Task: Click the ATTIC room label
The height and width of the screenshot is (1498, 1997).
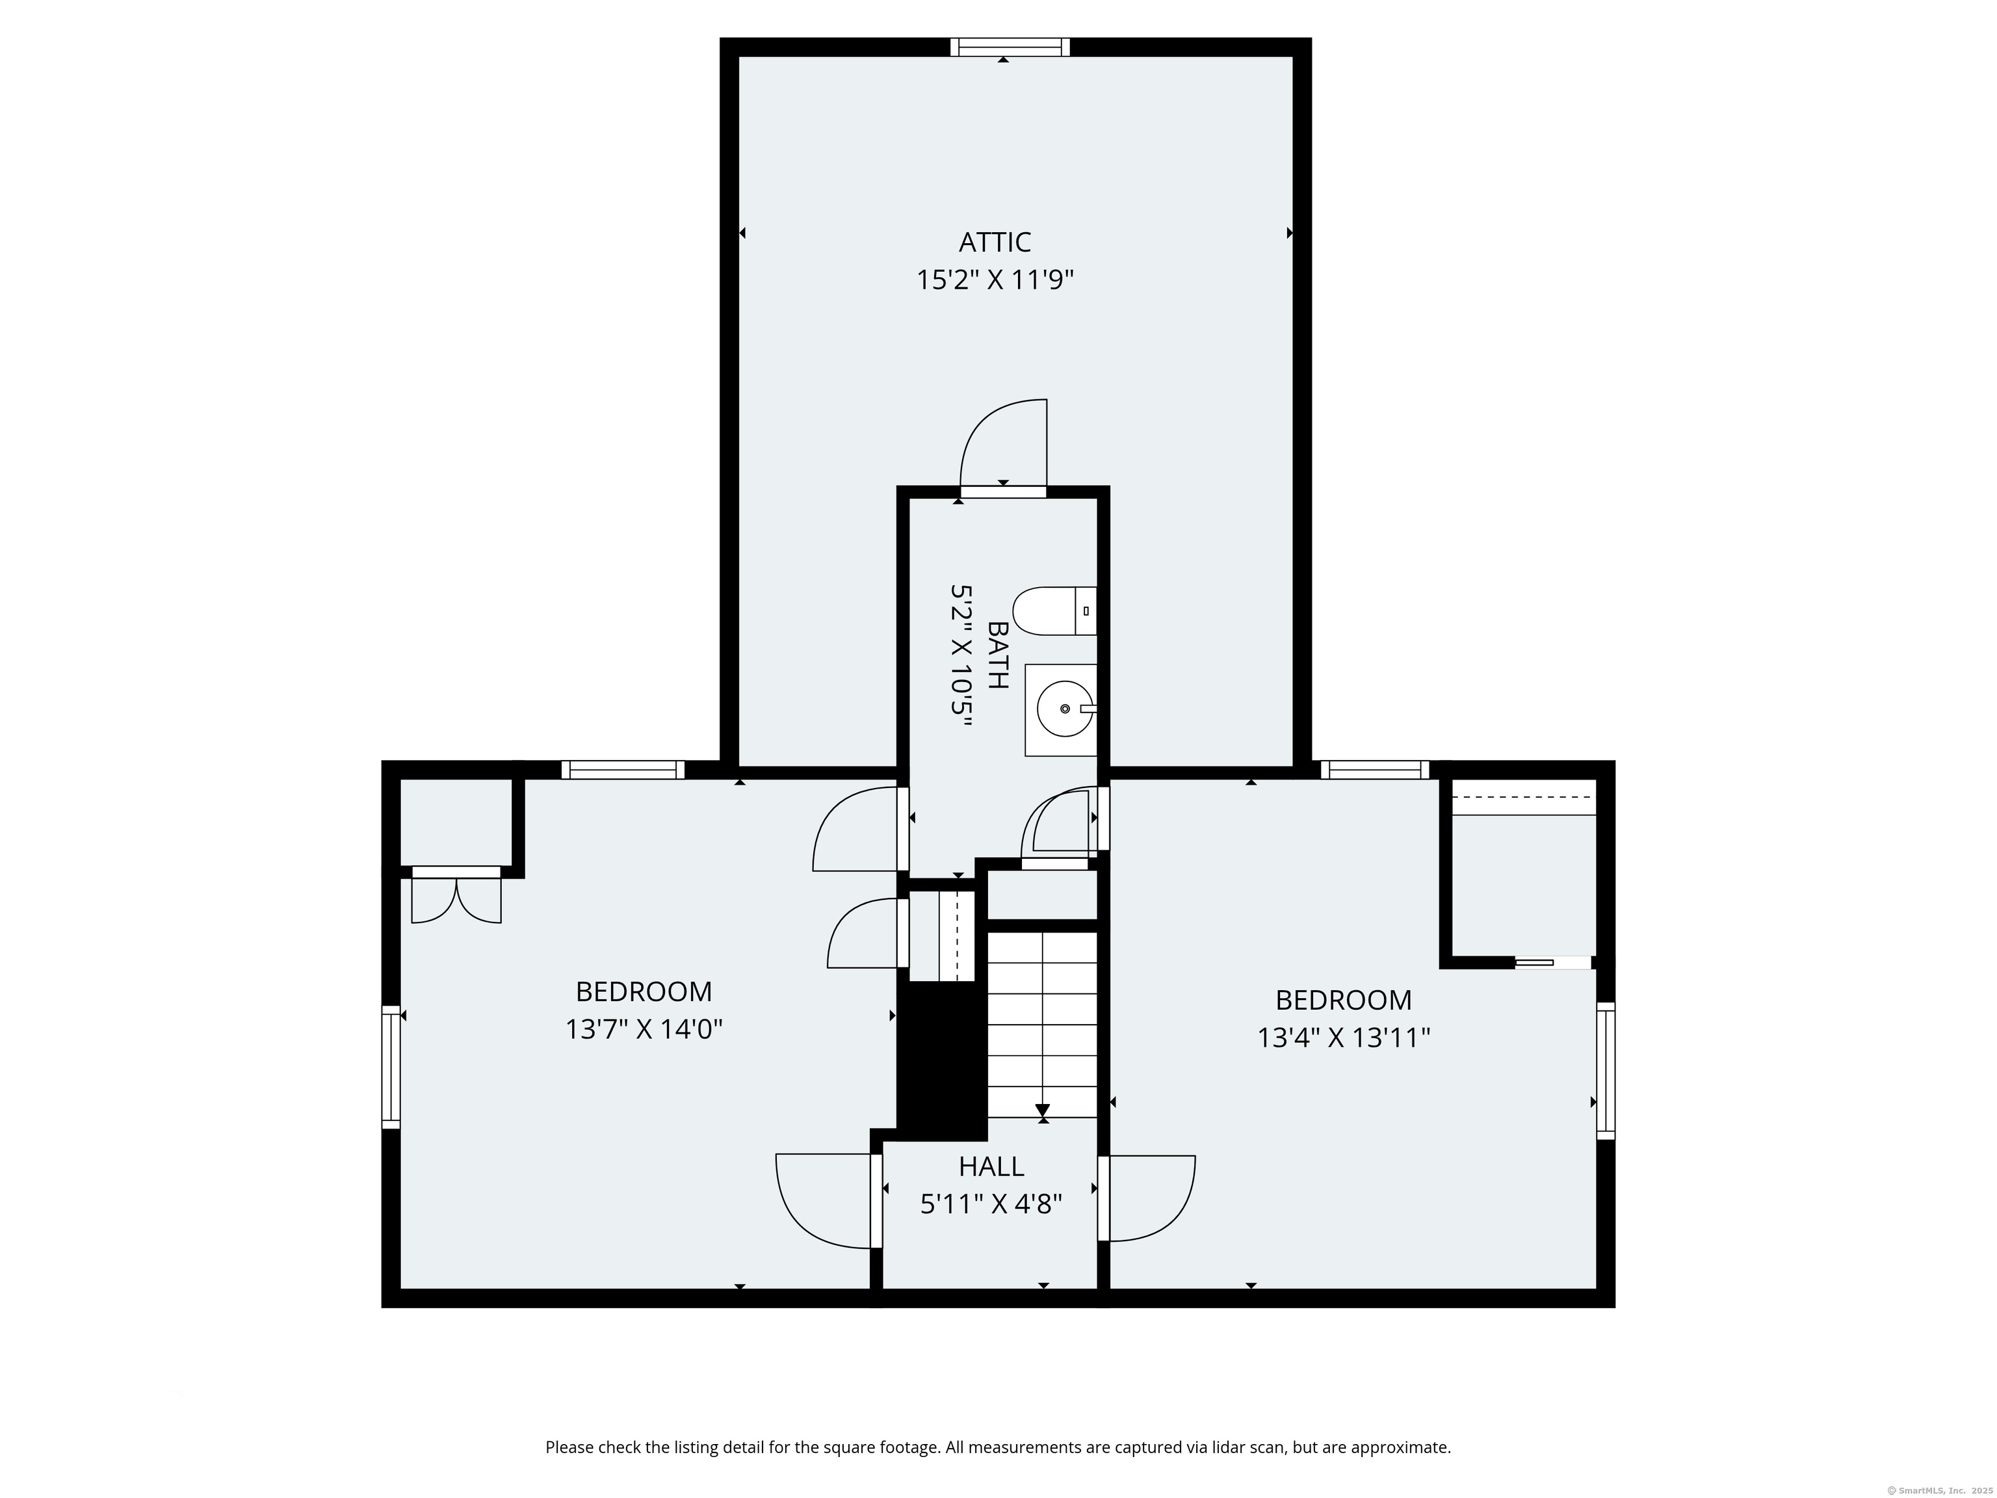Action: point(995,242)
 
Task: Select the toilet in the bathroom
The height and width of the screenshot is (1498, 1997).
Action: point(1054,611)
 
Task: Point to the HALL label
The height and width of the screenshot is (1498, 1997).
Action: point(991,1166)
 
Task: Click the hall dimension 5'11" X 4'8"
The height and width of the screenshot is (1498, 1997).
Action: point(991,1205)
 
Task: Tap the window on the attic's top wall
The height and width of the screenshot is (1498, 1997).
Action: point(1010,47)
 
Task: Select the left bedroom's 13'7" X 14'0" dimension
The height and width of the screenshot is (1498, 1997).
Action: point(645,1029)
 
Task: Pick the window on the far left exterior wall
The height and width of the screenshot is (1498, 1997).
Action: point(391,1066)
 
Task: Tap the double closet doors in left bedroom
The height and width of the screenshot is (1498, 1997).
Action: point(457,899)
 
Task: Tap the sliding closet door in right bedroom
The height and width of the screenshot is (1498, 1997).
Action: point(1553,962)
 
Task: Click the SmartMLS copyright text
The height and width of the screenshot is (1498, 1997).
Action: point(1939,1490)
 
